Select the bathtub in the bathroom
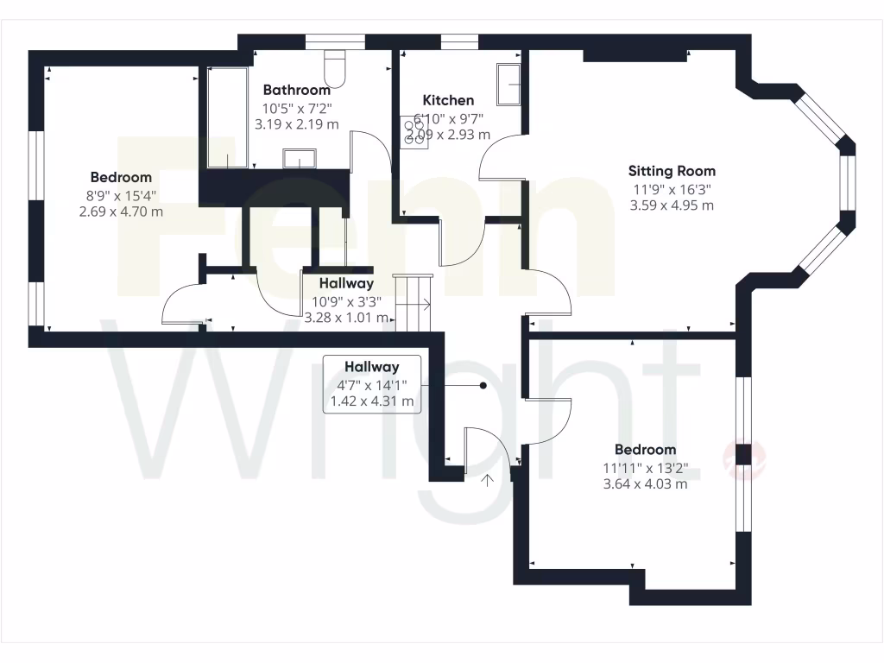coord(227,117)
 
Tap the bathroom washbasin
coord(300,159)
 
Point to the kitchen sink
coord(508,84)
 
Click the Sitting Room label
coord(671,171)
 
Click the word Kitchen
coord(448,100)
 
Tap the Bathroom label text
coord(296,90)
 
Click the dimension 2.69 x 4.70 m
coord(121,212)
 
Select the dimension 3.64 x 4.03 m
coord(645,484)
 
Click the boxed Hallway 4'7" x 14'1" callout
coord(371,384)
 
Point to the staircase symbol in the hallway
coord(413,302)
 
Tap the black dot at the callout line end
coord(483,386)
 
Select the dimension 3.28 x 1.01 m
coord(346,318)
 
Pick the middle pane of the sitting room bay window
coord(849,183)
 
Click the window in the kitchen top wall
coord(459,41)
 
